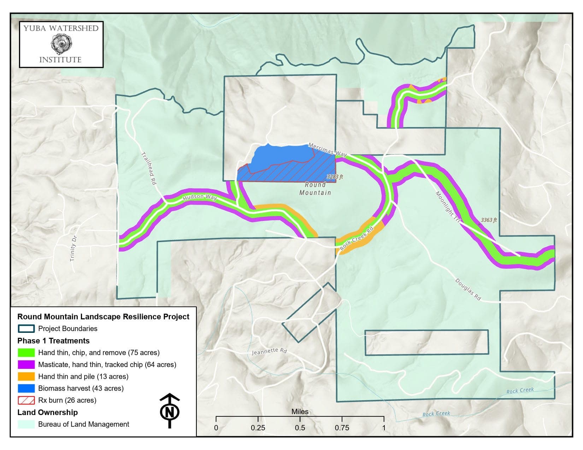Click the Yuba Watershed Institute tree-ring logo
(x=61, y=44)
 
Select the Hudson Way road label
(x=200, y=197)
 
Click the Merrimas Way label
(x=328, y=150)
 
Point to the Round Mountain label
(x=315, y=188)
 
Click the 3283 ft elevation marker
(x=335, y=177)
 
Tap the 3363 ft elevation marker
(x=489, y=220)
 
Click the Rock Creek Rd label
(x=356, y=239)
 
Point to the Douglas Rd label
(x=468, y=289)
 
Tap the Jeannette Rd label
(x=269, y=352)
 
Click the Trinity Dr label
(x=73, y=248)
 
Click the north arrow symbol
(x=170, y=411)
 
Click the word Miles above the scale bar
(x=300, y=412)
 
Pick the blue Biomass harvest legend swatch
(x=26, y=388)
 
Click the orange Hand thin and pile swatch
(x=26, y=376)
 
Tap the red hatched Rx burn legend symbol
(x=26, y=400)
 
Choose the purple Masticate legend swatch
(x=26, y=364)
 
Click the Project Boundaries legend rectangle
(x=26, y=329)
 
